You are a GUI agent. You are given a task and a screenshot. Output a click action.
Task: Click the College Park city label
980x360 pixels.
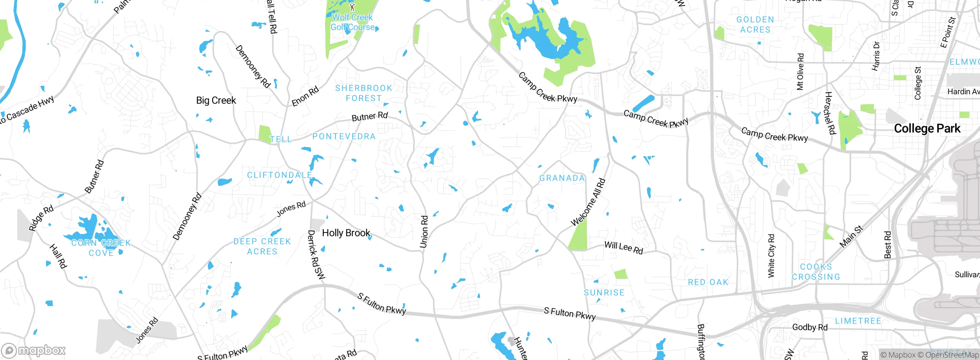pyautogui.click(x=927, y=129)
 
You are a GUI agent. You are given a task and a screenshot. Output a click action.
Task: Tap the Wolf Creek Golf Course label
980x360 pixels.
pyautogui.click(x=353, y=22)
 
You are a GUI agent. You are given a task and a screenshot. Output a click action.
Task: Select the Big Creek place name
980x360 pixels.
pyautogui.click(x=216, y=100)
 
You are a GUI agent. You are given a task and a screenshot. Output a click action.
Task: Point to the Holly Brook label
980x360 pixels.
pyautogui.click(x=346, y=233)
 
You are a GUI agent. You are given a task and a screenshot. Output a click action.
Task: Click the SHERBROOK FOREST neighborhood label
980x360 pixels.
pyautogui.click(x=364, y=93)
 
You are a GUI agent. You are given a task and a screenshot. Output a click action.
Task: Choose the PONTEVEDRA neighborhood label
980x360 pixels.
pyautogui.click(x=344, y=136)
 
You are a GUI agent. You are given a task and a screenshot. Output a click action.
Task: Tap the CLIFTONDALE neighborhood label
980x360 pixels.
pyautogui.click(x=279, y=175)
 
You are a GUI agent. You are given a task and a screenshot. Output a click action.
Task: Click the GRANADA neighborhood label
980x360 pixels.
pyautogui.click(x=562, y=178)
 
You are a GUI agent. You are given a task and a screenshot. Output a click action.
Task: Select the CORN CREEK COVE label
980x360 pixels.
pyautogui.click(x=101, y=248)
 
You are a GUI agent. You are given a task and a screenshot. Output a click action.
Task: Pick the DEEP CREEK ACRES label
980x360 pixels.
pyautogui.click(x=262, y=246)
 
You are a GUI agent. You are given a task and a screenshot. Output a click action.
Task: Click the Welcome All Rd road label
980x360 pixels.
pyautogui.click(x=588, y=202)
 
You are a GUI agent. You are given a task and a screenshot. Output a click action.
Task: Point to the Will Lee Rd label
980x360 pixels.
pyautogui.click(x=624, y=247)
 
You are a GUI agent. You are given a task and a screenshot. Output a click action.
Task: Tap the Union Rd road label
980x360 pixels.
pyautogui.click(x=424, y=232)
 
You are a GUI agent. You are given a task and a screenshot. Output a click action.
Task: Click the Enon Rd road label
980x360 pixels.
pyautogui.click(x=305, y=97)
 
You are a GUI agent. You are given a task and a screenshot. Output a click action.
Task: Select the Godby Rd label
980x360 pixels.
pyautogui.click(x=810, y=327)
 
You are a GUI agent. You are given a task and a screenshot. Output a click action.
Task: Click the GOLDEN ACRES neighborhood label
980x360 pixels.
pyautogui.click(x=755, y=25)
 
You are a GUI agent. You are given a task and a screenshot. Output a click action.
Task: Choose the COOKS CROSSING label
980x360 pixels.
pyautogui.click(x=816, y=272)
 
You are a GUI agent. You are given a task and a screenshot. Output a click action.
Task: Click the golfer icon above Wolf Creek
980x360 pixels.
pyautogui.click(x=353, y=7)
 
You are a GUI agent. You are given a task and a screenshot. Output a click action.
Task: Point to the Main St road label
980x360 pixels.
pyautogui.click(x=851, y=236)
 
